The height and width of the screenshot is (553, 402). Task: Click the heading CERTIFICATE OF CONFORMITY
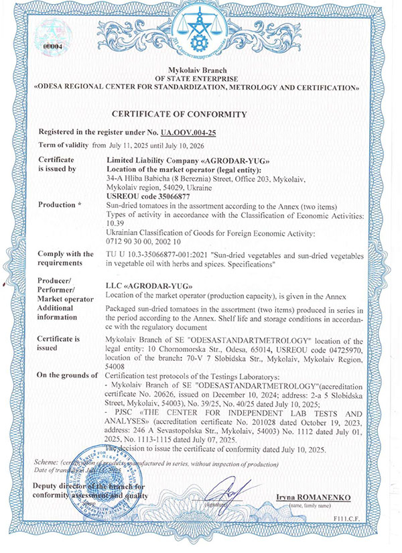pos(200,115)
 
